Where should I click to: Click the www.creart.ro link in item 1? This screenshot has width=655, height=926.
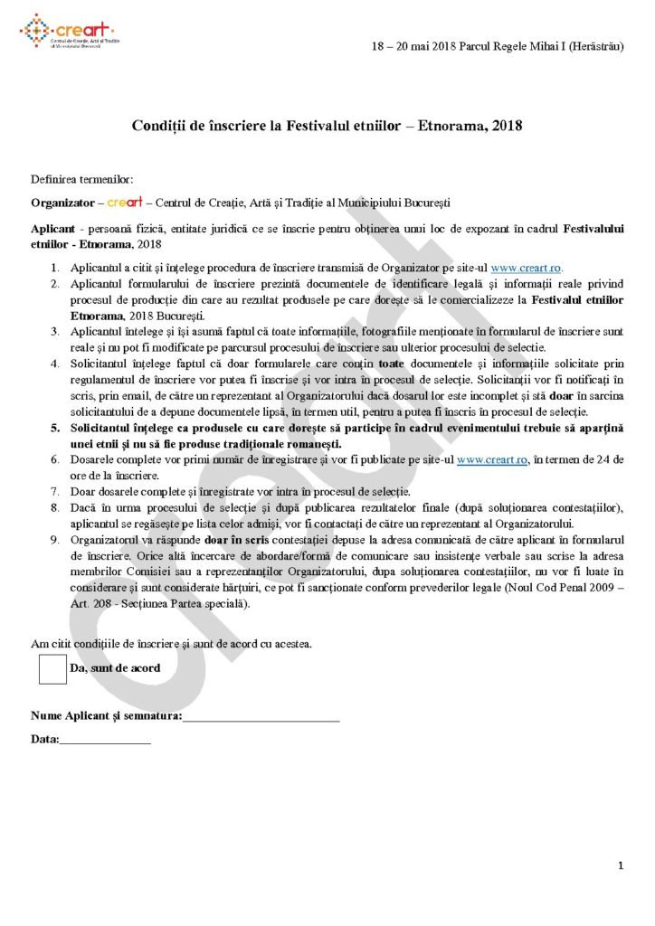pyautogui.click(x=526, y=269)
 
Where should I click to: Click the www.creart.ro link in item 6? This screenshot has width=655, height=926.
pyautogui.click(x=493, y=459)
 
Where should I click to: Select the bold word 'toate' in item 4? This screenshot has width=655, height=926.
pyautogui.click(x=391, y=364)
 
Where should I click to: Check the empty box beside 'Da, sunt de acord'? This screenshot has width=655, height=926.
pyautogui.click(x=52, y=669)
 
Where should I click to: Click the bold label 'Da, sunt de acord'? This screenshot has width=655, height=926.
pyautogui.click(x=115, y=668)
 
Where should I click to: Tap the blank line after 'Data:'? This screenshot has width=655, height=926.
pyautogui.click(x=105, y=741)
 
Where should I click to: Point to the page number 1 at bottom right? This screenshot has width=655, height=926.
pyautogui.click(x=621, y=866)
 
